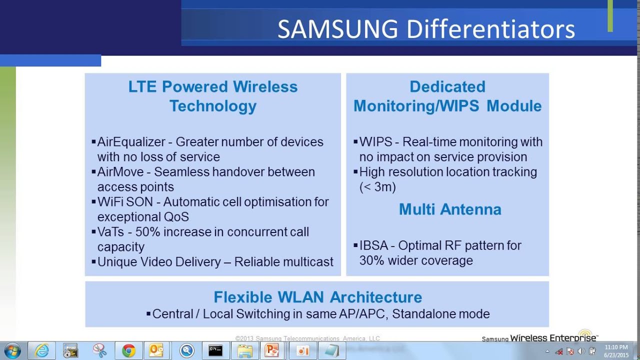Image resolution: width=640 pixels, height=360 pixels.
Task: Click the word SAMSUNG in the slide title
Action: pos(337,30)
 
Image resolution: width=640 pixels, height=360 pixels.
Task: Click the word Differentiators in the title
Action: pos(490,30)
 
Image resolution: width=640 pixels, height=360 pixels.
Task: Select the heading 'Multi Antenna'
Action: pos(450,209)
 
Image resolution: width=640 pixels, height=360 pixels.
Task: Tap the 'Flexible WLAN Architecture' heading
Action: pos(317,297)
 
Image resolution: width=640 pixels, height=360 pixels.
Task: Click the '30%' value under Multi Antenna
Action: pos(372,260)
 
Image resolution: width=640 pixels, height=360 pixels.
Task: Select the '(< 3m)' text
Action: pos(377,187)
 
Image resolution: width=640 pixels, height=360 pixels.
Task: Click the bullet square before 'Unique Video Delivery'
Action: pos(93,261)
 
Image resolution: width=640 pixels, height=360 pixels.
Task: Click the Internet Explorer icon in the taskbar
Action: pos(42,351)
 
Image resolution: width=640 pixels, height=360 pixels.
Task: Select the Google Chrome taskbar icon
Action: pos(128,351)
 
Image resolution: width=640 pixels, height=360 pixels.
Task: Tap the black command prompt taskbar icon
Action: pos(215,351)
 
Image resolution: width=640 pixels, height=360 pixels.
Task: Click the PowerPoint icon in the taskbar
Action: pos(272,351)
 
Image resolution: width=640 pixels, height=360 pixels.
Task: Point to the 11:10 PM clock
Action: pos(616,347)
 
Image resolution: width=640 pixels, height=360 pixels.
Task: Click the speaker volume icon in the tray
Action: pos(581,351)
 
